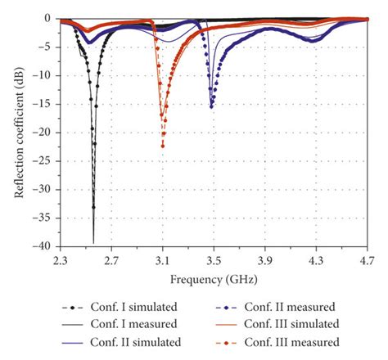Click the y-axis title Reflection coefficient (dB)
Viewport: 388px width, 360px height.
coord(18,132)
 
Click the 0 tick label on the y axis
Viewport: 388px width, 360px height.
coord(50,18)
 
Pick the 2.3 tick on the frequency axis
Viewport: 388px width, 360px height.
coord(61,260)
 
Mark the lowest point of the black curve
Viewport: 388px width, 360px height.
coord(93,242)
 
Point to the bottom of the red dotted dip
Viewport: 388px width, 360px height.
coord(163,146)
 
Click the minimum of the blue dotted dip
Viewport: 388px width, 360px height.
coord(212,106)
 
